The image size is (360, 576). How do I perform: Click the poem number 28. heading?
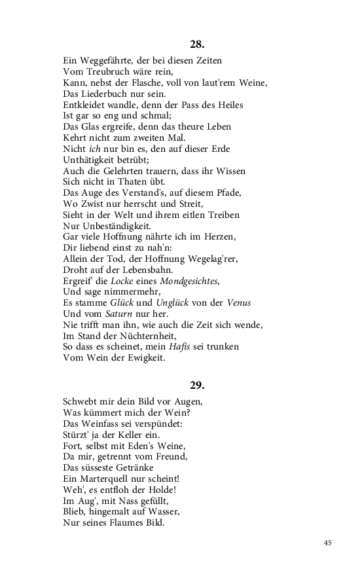point(197,45)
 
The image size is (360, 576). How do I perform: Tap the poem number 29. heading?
point(197,385)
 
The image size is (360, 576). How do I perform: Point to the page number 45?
point(328,543)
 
